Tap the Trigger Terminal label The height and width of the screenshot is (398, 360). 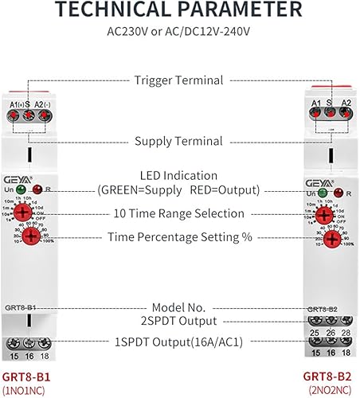(x=179, y=79)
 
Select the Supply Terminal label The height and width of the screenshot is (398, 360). (x=179, y=142)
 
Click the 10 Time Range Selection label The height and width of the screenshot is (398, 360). (x=179, y=213)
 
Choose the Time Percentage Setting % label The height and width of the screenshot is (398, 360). (x=179, y=237)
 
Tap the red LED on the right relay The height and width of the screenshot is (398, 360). (x=338, y=193)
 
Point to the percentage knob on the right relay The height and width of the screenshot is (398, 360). (x=324, y=238)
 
